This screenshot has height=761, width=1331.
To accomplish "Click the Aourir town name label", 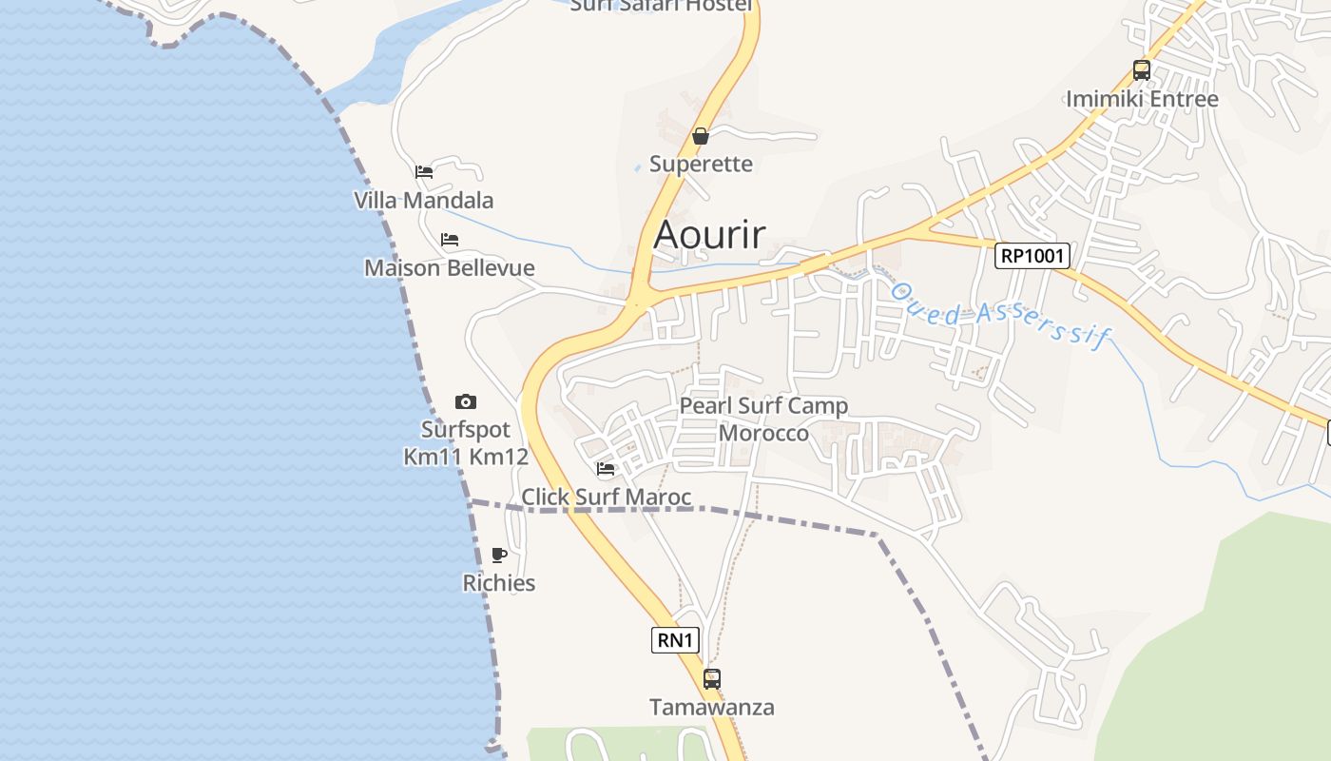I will click(709, 234).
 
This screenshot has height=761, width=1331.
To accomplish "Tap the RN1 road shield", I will click(675, 640).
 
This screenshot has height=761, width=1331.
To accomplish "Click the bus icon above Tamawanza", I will click(711, 679).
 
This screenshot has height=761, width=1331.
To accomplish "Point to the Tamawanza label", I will click(711, 707).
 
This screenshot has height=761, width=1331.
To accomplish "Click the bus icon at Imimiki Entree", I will click(1141, 70).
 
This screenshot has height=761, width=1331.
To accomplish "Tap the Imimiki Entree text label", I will click(1141, 99).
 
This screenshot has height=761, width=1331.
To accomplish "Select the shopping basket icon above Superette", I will click(701, 136).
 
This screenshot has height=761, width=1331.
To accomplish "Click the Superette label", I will click(701, 164).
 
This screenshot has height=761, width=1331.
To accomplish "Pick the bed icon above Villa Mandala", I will click(424, 172).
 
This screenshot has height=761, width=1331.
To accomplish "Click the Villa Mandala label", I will click(424, 200).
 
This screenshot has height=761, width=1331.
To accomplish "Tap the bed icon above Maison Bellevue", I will click(450, 240).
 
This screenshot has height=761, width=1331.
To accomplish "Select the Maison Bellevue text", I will click(450, 267).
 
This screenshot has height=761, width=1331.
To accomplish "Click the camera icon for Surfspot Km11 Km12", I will click(465, 401).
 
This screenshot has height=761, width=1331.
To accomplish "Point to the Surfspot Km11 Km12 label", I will click(465, 443).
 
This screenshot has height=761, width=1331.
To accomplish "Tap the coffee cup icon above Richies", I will click(499, 555).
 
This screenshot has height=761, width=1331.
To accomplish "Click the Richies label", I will click(499, 582).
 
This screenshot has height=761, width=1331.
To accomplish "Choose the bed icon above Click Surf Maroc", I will click(606, 468).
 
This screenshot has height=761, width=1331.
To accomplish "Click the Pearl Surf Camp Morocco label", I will click(763, 420).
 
